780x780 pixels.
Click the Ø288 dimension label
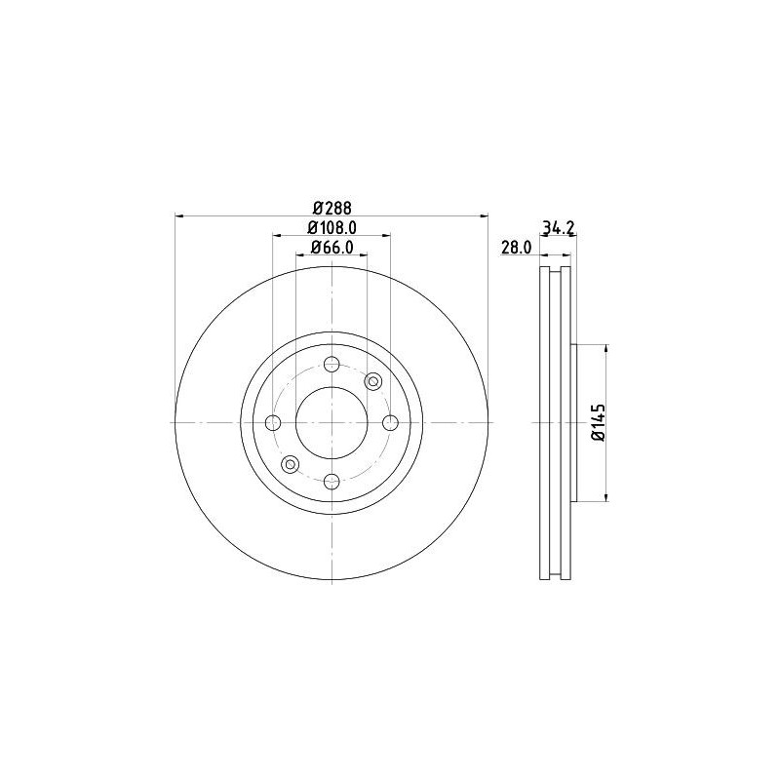coord(331,207)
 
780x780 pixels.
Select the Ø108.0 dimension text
coord(331,227)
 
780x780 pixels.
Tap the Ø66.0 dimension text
coord(331,249)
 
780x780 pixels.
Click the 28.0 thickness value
coord(515,249)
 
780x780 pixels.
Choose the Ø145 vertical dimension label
coord(599,422)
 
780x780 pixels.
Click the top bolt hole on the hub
coord(331,365)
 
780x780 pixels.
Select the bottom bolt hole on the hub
coord(331,481)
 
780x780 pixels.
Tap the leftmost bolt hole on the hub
coord(273,422)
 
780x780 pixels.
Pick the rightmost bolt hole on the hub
coord(390,422)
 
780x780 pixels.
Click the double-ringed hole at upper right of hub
coord(372,381)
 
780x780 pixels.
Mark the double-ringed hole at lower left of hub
coord(290,464)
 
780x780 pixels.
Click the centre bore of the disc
coord(331,422)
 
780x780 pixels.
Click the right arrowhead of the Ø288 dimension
coord(484,215)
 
